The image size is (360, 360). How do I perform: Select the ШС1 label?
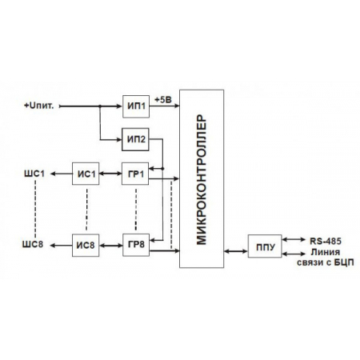35,174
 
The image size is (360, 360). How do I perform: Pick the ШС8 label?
35,246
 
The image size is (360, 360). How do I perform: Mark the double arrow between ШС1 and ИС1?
60,174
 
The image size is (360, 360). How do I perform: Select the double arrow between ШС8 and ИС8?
60,246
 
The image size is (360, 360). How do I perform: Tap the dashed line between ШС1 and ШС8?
35,210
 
